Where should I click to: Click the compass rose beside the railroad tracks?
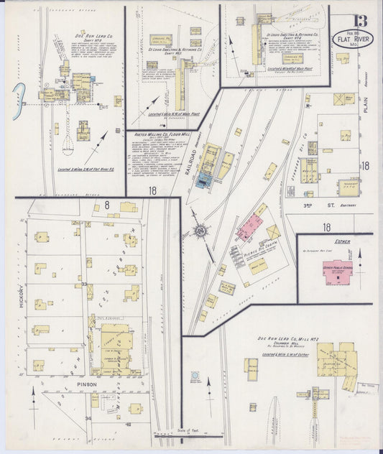point(201,231)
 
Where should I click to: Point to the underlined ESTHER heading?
point(341,243)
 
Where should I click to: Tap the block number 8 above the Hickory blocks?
point(106,205)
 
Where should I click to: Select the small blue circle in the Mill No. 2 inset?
point(195,376)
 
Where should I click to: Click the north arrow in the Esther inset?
point(360,259)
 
